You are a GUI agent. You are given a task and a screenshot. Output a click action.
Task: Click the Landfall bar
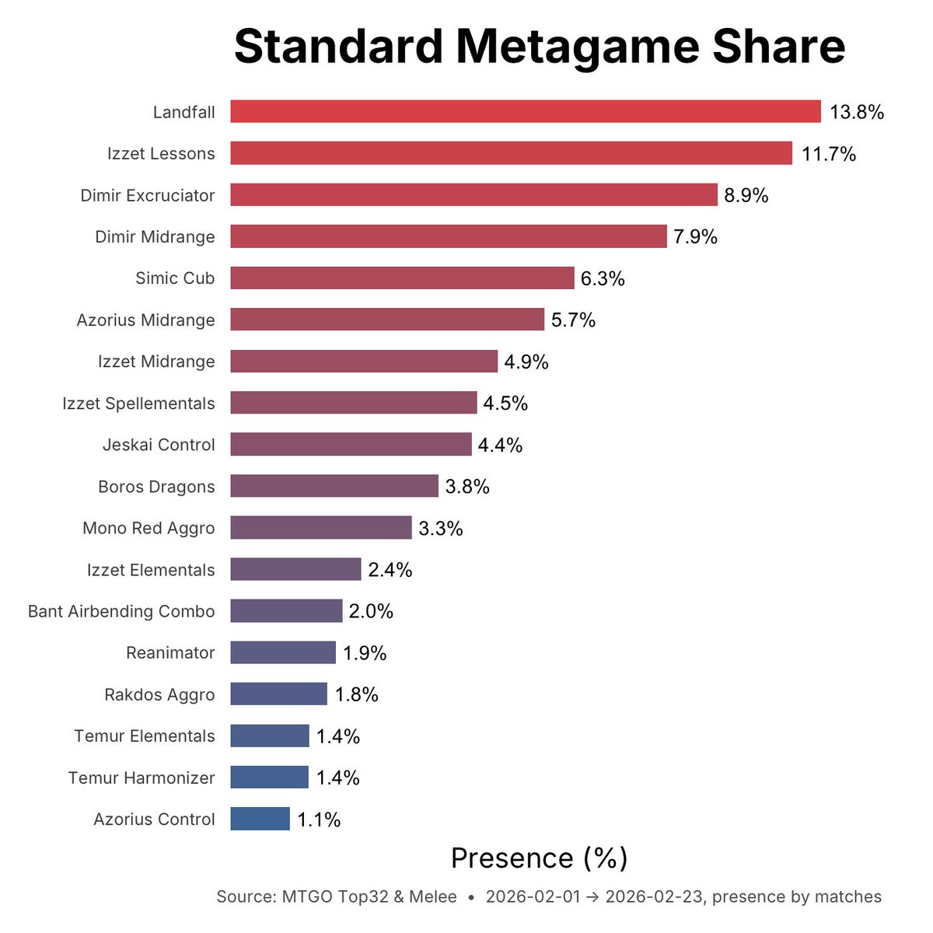click(x=526, y=111)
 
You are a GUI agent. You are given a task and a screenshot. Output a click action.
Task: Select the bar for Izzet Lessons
click(x=511, y=153)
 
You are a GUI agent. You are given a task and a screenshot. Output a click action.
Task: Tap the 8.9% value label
click(x=746, y=195)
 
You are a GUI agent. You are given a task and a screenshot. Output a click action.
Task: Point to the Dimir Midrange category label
click(x=155, y=236)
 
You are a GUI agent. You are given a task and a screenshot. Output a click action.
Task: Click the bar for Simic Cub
click(x=402, y=278)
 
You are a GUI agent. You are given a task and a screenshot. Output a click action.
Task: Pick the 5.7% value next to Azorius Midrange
click(x=574, y=320)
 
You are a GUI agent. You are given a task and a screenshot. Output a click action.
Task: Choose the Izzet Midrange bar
click(x=364, y=362)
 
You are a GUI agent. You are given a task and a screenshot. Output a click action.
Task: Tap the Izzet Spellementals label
click(x=138, y=403)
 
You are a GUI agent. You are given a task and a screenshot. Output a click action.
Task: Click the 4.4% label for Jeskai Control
click(x=500, y=445)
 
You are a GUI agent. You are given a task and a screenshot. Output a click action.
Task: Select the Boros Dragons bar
click(x=334, y=486)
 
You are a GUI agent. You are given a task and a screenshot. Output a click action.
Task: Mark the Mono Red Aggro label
click(x=149, y=528)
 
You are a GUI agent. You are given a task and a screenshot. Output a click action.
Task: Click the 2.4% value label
click(x=390, y=570)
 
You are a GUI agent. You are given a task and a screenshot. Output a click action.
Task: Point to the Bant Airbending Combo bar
click(x=286, y=611)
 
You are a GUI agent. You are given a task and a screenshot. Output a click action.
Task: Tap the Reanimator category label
click(x=170, y=652)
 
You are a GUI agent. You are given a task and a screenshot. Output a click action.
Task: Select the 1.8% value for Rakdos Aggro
click(x=357, y=694)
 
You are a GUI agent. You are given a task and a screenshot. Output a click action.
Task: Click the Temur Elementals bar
click(x=270, y=736)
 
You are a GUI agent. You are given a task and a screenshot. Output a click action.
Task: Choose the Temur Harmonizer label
click(x=142, y=777)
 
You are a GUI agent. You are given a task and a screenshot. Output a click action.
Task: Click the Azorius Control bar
click(x=260, y=819)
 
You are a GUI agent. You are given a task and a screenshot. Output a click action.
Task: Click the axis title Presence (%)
click(x=539, y=858)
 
